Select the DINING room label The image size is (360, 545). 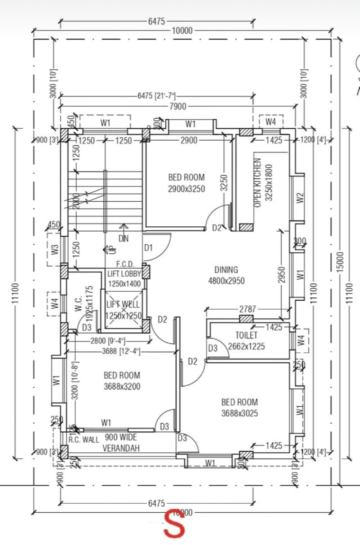(x=226, y=270)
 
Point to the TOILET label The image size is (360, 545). (x=246, y=335)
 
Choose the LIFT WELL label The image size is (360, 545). (x=123, y=304)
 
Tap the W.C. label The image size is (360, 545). (x=79, y=304)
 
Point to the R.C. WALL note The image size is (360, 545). (x=84, y=439)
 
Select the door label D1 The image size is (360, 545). (x=148, y=248)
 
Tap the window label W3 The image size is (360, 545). (x=54, y=249)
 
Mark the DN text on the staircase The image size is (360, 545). (x=123, y=239)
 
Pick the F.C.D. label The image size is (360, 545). (x=126, y=264)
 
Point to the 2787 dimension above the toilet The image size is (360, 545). (x=247, y=309)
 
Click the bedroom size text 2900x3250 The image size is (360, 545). (x=187, y=188)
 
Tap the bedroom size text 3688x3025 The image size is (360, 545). (x=240, y=413)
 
